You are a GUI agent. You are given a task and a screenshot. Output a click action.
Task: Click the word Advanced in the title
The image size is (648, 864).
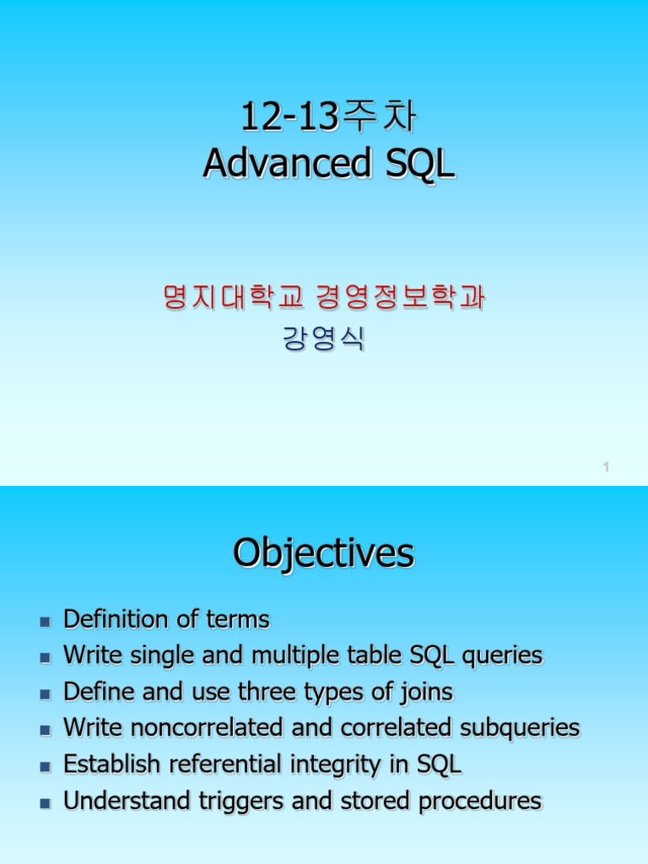[287, 163]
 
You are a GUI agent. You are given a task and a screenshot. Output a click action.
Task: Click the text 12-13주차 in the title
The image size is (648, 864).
[329, 116]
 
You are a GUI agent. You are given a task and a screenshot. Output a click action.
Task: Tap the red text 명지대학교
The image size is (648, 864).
[234, 297]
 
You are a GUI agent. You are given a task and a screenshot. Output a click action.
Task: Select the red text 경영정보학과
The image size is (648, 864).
[401, 297]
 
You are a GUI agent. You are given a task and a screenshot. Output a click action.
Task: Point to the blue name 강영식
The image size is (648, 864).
[324, 338]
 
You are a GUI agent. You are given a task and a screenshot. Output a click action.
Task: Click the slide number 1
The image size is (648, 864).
[606, 467]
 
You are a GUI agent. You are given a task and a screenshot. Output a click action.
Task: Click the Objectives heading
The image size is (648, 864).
[324, 553]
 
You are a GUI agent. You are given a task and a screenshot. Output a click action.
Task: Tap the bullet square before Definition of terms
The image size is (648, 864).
[46, 622]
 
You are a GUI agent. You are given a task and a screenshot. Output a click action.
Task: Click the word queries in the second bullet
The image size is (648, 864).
[503, 656]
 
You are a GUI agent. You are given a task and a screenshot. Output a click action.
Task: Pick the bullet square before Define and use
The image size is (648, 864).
[46, 694]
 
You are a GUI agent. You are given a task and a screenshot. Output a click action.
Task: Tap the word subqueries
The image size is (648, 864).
[520, 729]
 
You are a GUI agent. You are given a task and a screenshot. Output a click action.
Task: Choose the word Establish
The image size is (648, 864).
[112, 764]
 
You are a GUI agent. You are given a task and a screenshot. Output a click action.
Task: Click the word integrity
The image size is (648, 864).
[336, 765]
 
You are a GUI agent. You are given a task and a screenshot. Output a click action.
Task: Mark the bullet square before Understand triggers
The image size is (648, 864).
[46, 803]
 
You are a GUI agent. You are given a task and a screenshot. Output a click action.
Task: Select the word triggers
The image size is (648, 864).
[240, 802]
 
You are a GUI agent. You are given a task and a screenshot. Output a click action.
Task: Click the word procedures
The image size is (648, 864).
[480, 802]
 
